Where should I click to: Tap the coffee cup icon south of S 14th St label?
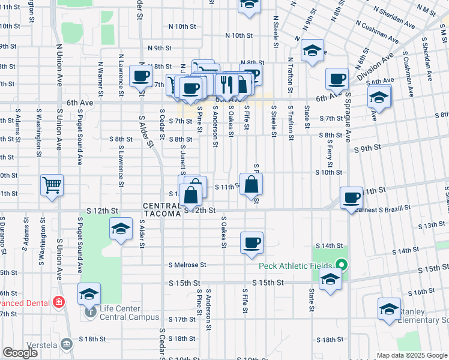click(x=252, y=242)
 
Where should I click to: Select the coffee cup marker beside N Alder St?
click(x=141, y=76)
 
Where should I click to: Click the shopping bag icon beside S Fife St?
click(x=251, y=184)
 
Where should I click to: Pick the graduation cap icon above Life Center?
click(x=89, y=293)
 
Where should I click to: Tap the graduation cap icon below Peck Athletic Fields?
click(x=330, y=278)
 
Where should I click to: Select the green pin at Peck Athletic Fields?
click(x=342, y=264)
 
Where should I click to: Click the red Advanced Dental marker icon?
click(x=59, y=301)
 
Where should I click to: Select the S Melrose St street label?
click(x=187, y=265)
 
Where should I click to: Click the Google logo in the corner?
click(x=20, y=353)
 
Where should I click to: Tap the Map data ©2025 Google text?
click(x=412, y=355)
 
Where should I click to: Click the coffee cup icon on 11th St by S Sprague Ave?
click(x=351, y=197)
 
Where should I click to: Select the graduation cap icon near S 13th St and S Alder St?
click(x=121, y=229)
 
